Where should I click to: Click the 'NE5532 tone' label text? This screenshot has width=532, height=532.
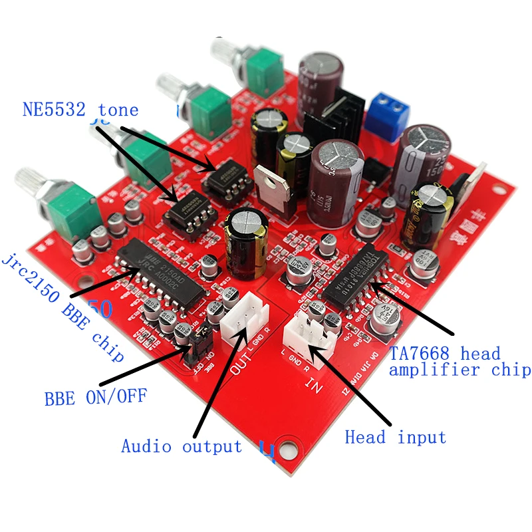point(80,110)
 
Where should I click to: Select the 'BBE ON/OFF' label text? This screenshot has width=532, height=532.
point(96,398)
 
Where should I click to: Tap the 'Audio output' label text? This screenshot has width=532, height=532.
point(182,446)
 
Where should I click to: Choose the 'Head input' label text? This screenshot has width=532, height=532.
point(396,437)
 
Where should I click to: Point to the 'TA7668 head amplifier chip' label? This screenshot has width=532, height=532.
point(459,361)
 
